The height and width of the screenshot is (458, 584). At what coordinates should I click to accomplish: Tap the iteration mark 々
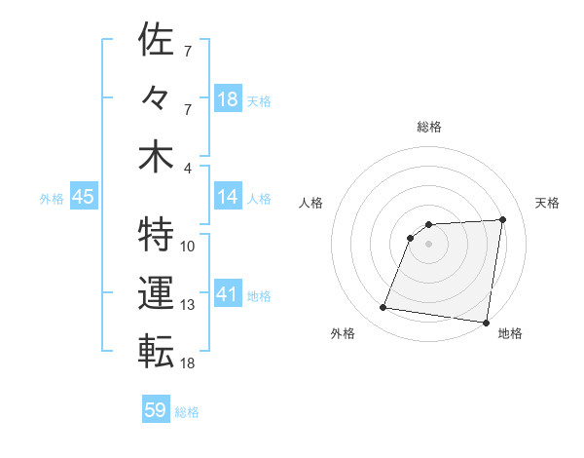pos(156,99)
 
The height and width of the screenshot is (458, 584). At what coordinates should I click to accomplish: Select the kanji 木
pos(156,157)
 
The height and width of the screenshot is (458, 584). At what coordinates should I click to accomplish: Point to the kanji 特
pos(156,235)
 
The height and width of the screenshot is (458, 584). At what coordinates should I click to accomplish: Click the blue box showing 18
pos(228,98)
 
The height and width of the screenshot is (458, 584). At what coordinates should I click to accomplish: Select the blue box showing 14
pos(228,197)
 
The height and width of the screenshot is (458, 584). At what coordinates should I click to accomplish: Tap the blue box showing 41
pos(228,294)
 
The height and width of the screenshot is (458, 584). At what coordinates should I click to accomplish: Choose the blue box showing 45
pos(83,197)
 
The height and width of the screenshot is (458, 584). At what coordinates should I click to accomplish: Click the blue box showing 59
pos(156,410)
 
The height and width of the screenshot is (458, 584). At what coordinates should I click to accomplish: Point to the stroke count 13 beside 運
pos(188,304)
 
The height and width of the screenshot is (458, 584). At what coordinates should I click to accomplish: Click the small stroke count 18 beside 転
pos(188,363)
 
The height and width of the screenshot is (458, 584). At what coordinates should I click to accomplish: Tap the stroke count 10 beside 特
pos(188,246)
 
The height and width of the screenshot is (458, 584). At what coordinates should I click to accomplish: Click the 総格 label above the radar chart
pos(428,127)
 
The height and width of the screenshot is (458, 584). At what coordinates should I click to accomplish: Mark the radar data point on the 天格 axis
pos(502,219)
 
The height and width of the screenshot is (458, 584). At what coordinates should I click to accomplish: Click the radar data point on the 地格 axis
pos(486,323)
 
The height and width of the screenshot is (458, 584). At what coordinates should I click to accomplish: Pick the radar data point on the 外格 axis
pos(383,308)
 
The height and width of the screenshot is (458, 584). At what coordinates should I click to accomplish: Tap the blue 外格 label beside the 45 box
pos(52,198)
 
